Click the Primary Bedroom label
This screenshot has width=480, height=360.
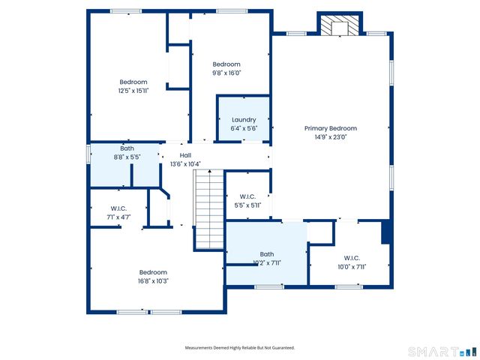point(330,128)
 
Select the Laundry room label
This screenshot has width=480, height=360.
point(244,120)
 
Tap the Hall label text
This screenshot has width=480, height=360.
point(185,155)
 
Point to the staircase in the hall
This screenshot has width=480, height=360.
point(209,209)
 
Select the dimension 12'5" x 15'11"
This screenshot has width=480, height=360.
point(133,91)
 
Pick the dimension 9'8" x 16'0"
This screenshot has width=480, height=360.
point(226,73)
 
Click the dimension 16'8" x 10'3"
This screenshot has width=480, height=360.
point(153,281)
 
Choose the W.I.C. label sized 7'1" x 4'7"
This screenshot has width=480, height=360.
point(118,208)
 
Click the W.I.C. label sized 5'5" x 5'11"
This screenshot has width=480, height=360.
point(247,196)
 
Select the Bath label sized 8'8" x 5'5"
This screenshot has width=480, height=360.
point(127,148)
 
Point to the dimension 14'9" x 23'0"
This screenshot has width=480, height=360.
point(330,137)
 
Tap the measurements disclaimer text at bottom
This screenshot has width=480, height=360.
point(240,348)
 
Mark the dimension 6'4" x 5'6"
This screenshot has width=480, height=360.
point(244,129)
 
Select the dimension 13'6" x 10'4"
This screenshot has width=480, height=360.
point(185,164)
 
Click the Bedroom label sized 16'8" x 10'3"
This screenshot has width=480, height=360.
point(153,272)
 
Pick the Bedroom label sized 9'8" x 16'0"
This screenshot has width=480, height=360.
point(226,64)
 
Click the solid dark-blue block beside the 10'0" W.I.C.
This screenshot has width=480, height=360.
point(386,232)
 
